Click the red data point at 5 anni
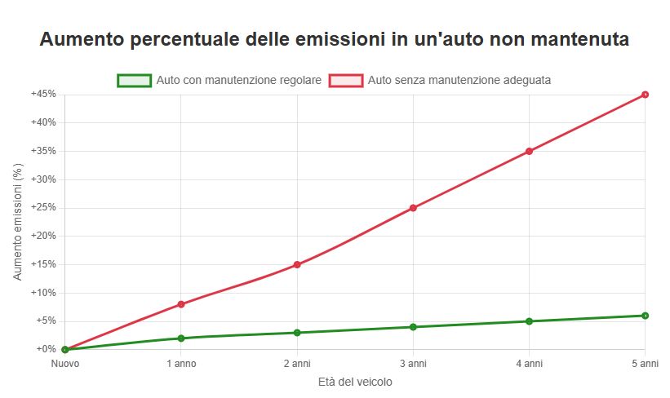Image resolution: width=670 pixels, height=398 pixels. [x=645, y=95]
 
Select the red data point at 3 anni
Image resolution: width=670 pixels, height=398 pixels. [x=413, y=208]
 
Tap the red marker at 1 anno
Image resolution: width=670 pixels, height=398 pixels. [x=180, y=304]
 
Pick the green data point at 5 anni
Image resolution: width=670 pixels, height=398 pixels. [x=645, y=316]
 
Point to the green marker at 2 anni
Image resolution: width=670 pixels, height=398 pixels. [x=297, y=333]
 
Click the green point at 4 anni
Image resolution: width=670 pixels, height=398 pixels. [x=529, y=321]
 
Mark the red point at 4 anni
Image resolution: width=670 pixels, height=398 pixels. [x=529, y=151]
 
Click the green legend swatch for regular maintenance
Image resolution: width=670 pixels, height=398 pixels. [x=135, y=81]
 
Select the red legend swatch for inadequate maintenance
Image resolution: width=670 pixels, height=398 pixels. [x=346, y=81]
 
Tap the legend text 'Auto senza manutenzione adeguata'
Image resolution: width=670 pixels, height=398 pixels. [x=459, y=81]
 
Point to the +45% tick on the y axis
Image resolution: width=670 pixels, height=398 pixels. [x=43, y=95]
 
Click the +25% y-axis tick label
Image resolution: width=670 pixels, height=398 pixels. [x=43, y=208]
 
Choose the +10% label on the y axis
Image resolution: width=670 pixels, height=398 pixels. [x=43, y=293]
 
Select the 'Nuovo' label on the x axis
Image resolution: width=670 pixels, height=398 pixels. [x=64, y=363]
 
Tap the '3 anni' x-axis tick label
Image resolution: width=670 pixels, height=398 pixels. [x=413, y=363]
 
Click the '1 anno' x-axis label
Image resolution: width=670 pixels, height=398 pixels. [x=180, y=363]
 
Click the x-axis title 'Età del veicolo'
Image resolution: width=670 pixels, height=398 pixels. [x=354, y=382]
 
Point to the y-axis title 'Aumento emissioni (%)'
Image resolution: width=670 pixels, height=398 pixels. [x=18, y=222]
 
